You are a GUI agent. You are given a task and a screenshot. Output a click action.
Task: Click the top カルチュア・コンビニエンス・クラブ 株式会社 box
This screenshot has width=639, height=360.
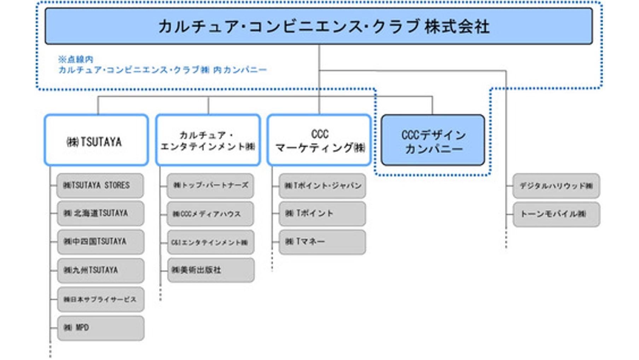pyautogui.click(x=318, y=27)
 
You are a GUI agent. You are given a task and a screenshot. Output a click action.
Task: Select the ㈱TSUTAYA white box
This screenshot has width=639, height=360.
pyautogui.click(x=96, y=140)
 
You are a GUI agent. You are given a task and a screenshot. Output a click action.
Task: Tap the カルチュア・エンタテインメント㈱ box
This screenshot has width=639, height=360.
pyautogui.click(x=208, y=140)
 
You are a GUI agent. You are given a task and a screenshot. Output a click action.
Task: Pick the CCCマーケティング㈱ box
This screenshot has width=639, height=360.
pyautogui.click(x=319, y=140)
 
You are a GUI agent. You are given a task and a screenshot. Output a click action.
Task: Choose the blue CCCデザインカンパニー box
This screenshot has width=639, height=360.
pyautogui.click(x=433, y=140)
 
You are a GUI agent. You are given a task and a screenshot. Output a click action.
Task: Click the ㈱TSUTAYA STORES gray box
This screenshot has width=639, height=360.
pyautogui.click(x=100, y=185)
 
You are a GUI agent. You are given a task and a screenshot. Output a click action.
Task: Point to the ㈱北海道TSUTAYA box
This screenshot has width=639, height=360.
pyautogui.click(x=100, y=213)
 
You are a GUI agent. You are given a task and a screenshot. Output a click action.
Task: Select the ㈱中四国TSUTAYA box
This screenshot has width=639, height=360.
pyautogui.click(x=100, y=242)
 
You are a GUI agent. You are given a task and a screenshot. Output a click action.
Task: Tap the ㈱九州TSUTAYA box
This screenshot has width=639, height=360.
pyautogui.click(x=100, y=270)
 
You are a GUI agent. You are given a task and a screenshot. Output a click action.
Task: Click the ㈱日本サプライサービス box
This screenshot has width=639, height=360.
pyautogui.click(x=100, y=299)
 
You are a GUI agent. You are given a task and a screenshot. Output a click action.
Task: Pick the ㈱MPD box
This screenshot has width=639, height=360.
pyautogui.click(x=100, y=328)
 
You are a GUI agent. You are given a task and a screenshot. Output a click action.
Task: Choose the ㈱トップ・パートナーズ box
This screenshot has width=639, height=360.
pyautogui.click(x=210, y=185)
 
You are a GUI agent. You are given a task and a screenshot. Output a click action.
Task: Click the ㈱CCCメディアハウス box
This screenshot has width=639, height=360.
pyautogui.click(x=210, y=214)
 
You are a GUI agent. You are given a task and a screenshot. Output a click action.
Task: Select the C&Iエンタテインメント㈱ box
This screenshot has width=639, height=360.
pyautogui.click(x=211, y=242)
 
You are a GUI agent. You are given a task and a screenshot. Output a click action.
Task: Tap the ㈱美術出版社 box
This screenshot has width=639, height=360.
pyautogui.click(x=211, y=270)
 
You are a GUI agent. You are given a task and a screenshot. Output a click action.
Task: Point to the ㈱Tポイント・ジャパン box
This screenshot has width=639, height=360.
pyautogui.click(x=322, y=185)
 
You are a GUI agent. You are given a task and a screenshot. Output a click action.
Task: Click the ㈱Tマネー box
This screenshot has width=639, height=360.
pyautogui.click(x=322, y=242)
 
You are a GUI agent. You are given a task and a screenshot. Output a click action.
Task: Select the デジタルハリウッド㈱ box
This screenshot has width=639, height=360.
pyautogui.click(x=556, y=186)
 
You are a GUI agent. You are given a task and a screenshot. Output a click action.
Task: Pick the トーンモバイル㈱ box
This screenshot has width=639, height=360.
pyautogui.click(x=556, y=214)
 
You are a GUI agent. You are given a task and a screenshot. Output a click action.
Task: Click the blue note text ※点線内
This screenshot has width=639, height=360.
pyautogui.click(x=76, y=59)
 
